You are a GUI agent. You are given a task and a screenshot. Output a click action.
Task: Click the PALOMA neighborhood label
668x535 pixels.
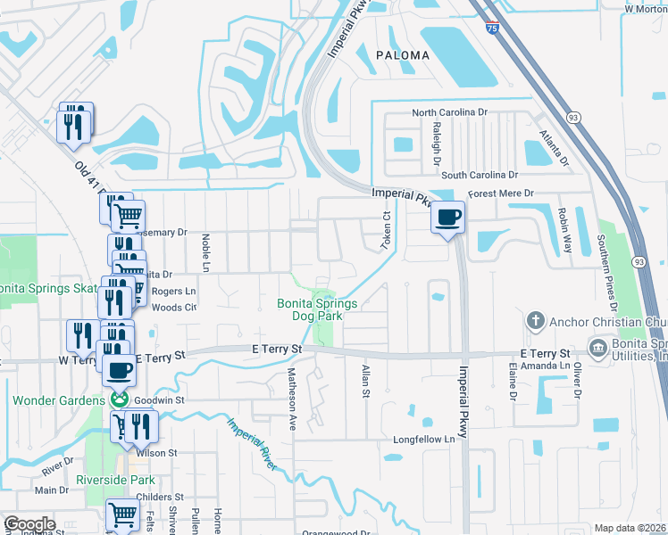(x=402, y=55)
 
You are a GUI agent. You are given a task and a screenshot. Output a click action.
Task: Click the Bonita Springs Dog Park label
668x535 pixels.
(x=317, y=309)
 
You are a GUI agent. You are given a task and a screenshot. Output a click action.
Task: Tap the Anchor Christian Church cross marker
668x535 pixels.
(x=535, y=320)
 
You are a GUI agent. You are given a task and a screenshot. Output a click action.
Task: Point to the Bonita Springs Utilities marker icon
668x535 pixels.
(x=597, y=345)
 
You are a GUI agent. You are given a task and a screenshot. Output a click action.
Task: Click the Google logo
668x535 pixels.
(x=29, y=524)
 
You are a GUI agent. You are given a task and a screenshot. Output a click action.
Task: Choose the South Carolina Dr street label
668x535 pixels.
(x=480, y=175)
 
